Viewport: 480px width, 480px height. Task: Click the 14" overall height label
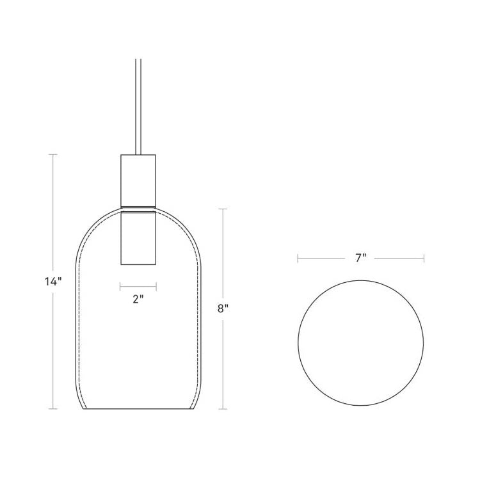53,281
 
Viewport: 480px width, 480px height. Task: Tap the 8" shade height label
223,308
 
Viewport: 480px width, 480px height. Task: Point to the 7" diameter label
360,259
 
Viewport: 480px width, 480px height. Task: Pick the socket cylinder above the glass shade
138,179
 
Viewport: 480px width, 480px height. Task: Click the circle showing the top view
361,343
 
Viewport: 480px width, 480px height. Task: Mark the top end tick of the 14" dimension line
53,154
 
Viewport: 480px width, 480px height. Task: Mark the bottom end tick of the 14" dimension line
53,408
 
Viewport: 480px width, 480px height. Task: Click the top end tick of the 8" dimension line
223,209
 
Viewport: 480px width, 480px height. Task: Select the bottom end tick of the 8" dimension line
223,408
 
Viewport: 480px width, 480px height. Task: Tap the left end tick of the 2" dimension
120,285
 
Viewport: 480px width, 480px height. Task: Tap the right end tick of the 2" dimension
156,285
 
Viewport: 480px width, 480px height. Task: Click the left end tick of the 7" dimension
298,259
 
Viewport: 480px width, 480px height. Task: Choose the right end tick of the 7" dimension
424,259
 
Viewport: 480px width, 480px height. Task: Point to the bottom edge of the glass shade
138,409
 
